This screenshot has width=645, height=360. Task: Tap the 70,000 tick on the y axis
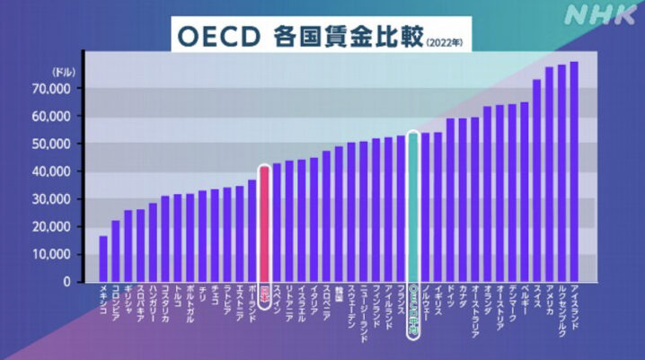pyautogui.click(x=52, y=89)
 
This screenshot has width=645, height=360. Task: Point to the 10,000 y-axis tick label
pyautogui.click(x=52, y=254)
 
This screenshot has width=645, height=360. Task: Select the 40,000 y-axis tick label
pyautogui.click(x=52, y=171)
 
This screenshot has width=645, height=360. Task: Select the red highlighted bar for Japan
pyautogui.click(x=264, y=224)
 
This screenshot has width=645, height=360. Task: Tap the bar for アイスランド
pyautogui.click(x=574, y=171)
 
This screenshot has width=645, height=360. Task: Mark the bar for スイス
pyautogui.click(x=536, y=180)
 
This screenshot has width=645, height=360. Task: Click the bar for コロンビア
pyautogui.click(x=116, y=250)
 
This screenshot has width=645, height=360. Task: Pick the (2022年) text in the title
pyautogui.click(x=446, y=40)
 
